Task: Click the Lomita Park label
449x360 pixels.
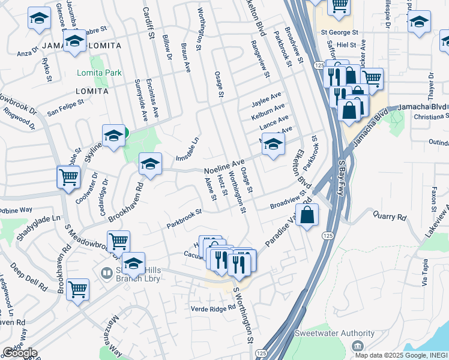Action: click(99, 73)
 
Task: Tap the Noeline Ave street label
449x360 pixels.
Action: click(224, 164)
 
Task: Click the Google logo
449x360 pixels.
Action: click(20, 353)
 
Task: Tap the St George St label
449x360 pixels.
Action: click(339, 32)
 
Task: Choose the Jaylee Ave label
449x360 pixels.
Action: click(267, 97)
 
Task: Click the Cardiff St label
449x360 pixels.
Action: click(147, 21)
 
